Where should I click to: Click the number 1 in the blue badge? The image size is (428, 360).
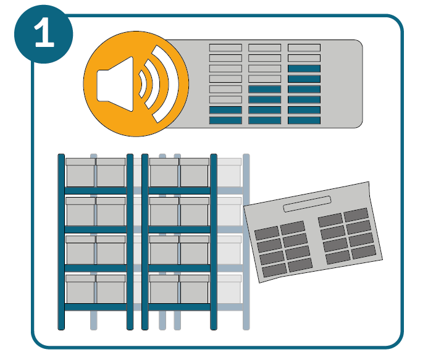[x=44, y=35]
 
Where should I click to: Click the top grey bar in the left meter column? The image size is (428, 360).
[x=225, y=48]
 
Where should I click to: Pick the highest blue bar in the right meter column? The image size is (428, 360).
[x=304, y=69]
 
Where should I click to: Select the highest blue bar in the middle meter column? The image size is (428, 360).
[x=264, y=89]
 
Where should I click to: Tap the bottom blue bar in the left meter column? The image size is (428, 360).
[x=225, y=120]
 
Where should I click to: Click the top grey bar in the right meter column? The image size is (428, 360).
[x=304, y=48]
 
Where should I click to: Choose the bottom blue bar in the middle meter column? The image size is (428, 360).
[x=264, y=120]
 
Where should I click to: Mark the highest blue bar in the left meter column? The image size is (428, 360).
[x=225, y=110]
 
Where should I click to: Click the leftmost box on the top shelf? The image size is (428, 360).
[x=80, y=172]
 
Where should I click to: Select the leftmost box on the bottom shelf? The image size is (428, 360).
[x=80, y=289]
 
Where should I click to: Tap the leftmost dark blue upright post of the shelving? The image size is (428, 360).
[x=61, y=241]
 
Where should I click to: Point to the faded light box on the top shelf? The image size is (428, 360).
[x=229, y=172]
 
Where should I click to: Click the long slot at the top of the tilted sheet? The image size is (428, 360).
[x=307, y=204]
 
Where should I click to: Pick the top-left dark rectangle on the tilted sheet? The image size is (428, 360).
[x=267, y=233]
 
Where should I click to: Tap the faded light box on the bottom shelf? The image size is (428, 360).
[x=229, y=289]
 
